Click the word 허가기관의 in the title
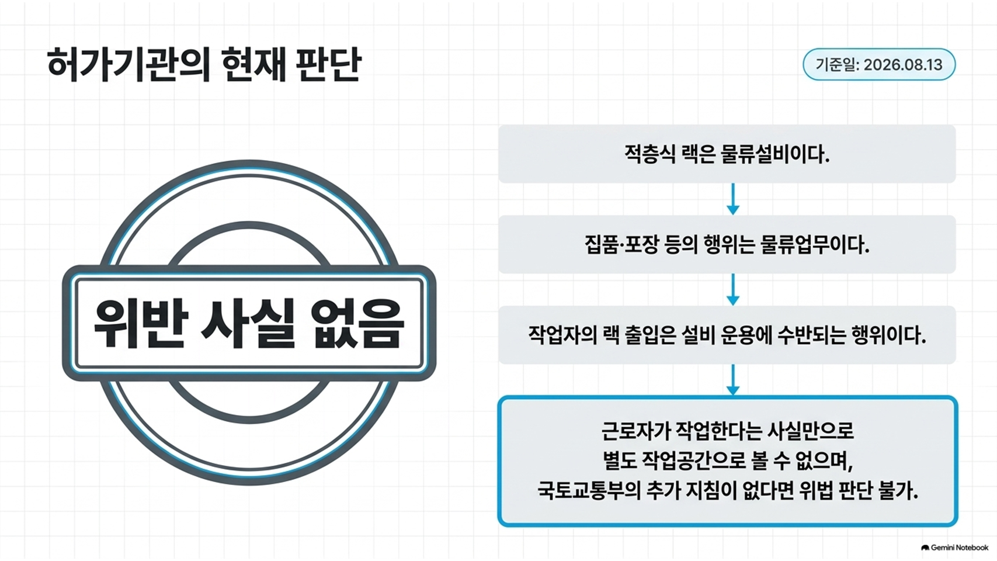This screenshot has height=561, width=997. (128, 65)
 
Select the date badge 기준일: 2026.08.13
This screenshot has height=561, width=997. (879, 64)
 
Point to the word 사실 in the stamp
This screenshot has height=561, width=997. (248, 323)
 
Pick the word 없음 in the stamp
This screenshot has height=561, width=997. (357, 323)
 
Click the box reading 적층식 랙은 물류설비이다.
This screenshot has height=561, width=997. (727, 154)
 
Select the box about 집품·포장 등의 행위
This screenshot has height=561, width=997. (727, 244)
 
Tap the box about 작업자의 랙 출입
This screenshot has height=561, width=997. (727, 335)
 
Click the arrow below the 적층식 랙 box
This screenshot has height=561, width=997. (732, 199)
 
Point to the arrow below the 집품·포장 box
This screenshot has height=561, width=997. (732, 289)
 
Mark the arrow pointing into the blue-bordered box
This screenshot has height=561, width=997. (732, 380)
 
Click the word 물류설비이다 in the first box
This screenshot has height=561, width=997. (775, 154)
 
